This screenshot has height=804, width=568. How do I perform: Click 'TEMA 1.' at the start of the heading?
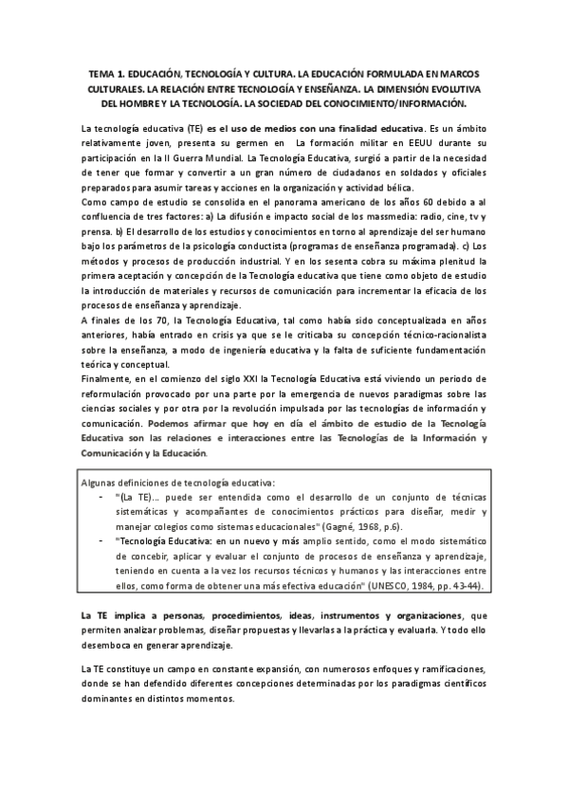click(107, 72)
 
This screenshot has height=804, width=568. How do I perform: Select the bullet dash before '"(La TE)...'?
click(101, 496)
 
